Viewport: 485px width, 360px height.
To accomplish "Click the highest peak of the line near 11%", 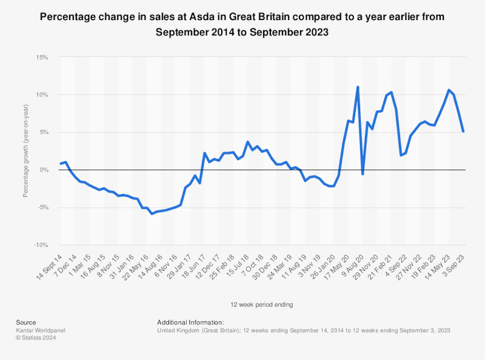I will [x=358, y=87].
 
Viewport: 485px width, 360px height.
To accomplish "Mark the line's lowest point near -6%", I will [x=152, y=213].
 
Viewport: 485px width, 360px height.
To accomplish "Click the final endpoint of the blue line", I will [x=463, y=132].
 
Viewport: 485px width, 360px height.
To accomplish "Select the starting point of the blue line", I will [x=61, y=164].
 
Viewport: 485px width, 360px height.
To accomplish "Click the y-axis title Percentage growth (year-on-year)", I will [x=25, y=152].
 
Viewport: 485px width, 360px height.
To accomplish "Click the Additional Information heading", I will [x=190, y=322].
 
